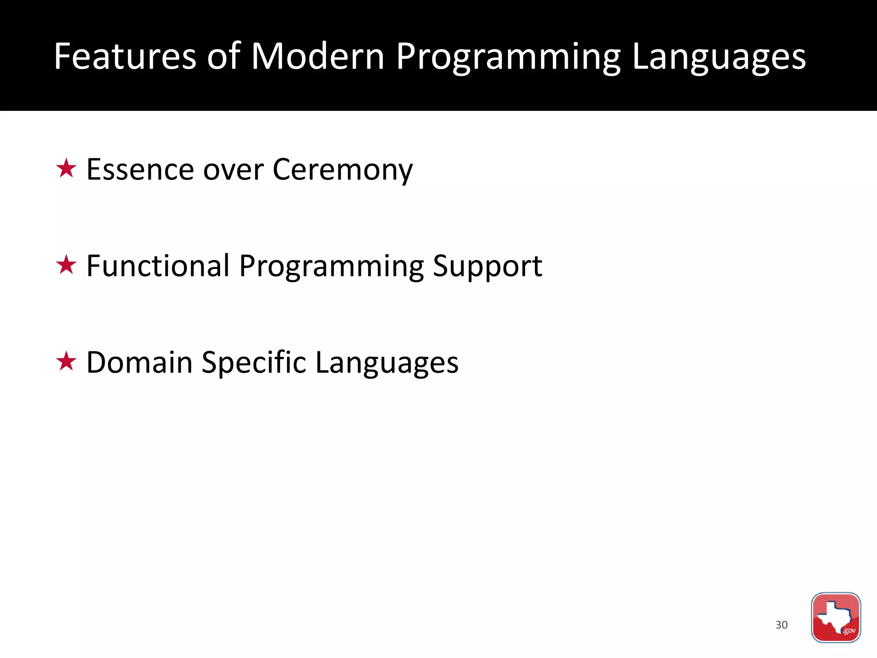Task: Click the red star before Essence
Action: pos(66,168)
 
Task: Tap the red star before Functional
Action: pos(66,265)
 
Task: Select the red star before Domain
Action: pos(66,361)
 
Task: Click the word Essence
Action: pos(140,170)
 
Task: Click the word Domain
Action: pos(139,362)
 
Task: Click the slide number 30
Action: pos(782,625)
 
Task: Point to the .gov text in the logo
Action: pos(849,631)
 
